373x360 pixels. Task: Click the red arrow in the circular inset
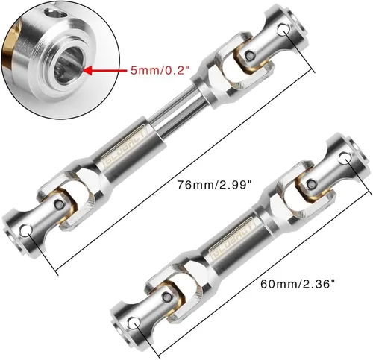[104, 71]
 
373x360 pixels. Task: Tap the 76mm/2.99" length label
[214, 185]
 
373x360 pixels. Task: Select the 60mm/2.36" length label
[298, 284]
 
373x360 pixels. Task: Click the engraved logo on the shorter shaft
[233, 238]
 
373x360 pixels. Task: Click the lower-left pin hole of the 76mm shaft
[26, 230]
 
